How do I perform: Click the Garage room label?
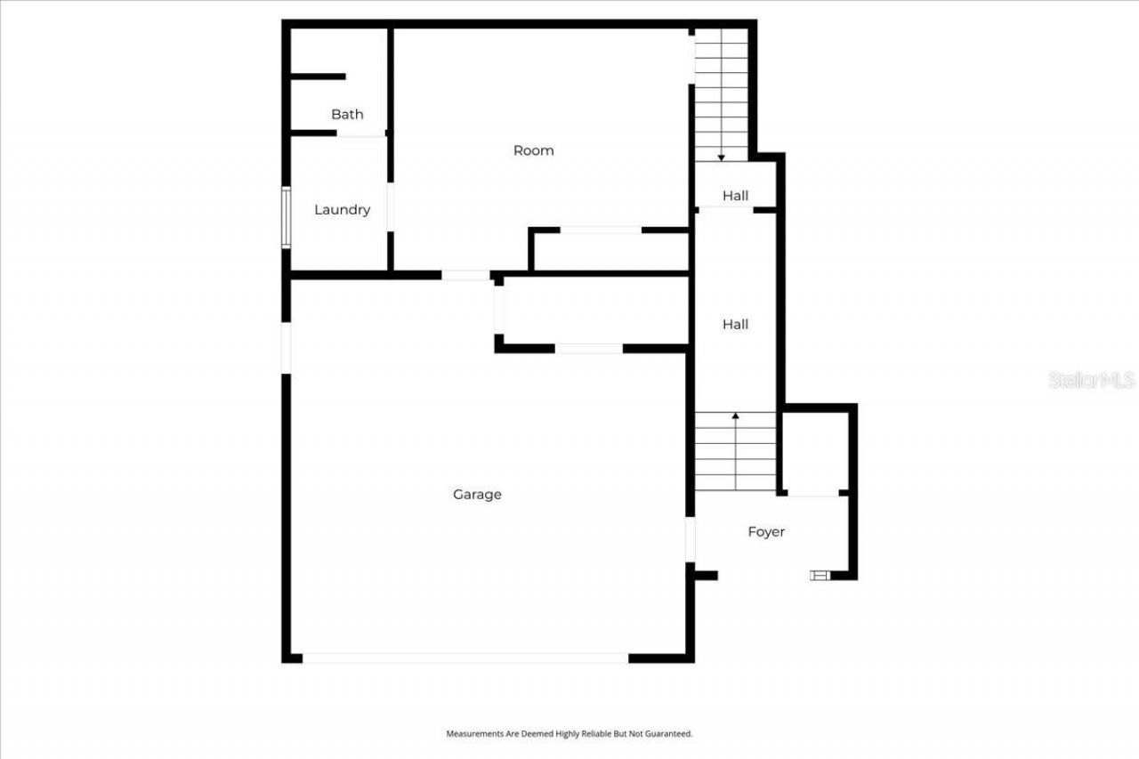coord(477,495)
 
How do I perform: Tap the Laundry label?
coord(342,210)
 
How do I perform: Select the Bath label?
coord(347,114)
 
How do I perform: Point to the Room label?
coord(533,150)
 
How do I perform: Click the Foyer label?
coord(765,532)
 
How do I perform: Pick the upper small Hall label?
coord(735,196)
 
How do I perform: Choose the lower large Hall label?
coord(735,325)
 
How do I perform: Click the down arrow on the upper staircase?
coord(721,157)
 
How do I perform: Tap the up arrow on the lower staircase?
coord(735,415)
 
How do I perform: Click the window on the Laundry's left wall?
coord(286,217)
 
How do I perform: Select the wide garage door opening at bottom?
coord(464,658)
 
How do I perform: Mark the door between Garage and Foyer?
coord(690,539)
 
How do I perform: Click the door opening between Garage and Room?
coord(465,275)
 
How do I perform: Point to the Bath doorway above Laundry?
coord(360,134)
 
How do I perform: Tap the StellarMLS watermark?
coord(1092,380)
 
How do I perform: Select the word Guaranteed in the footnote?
coord(669,734)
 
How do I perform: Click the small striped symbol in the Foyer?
coord(819,576)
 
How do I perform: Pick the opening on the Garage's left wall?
coord(286,347)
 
